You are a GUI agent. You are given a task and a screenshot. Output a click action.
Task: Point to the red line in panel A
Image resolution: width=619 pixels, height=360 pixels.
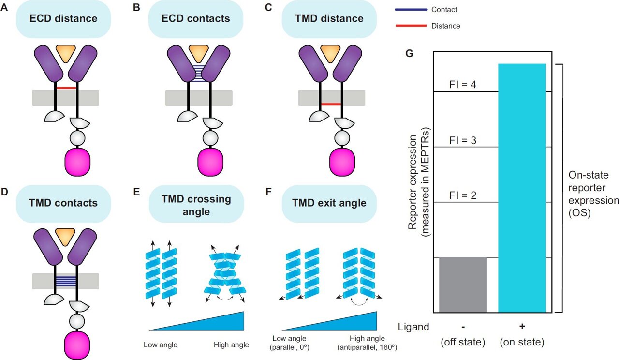point(65,88)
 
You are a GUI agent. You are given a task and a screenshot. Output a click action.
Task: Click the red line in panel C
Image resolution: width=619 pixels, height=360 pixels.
point(331,104)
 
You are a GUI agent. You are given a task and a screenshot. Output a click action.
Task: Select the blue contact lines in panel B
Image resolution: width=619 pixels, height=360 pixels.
point(198,73)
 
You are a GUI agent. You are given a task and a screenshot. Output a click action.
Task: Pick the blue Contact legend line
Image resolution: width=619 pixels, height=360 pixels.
point(411,10)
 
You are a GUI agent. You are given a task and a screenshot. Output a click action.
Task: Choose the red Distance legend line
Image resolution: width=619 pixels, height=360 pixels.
point(411,26)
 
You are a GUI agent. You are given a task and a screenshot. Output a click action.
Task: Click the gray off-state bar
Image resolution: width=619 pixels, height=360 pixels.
point(463,285)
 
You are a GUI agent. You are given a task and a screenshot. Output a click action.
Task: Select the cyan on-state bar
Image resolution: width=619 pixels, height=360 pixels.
point(522,188)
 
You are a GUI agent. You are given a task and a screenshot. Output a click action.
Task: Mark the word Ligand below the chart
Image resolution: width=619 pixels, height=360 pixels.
point(413,327)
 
